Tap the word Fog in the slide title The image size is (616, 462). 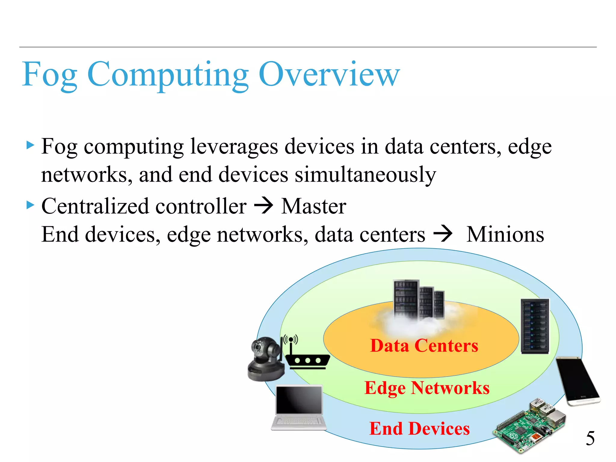pyautogui.click(x=50, y=75)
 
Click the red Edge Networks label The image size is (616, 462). pyautogui.click(x=427, y=388)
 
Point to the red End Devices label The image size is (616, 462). pyautogui.click(x=419, y=428)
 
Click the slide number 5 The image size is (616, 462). pyautogui.click(x=590, y=438)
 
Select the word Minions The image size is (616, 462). pyautogui.click(x=505, y=234)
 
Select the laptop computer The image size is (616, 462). pyautogui.click(x=299, y=408)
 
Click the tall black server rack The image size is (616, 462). pyautogui.click(x=535, y=326)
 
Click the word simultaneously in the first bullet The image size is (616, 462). pyautogui.click(x=365, y=175)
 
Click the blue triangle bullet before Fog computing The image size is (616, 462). pyautogui.click(x=30, y=146)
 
